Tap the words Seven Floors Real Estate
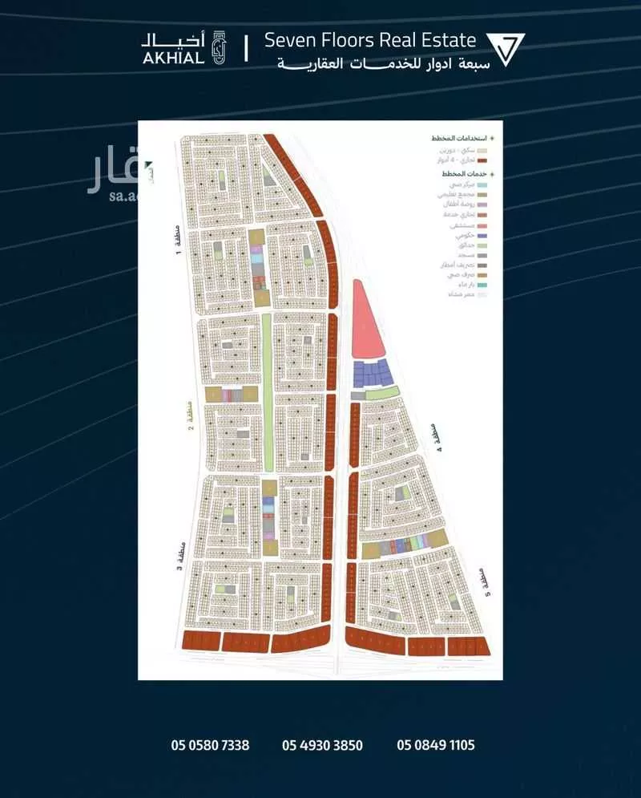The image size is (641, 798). (x=370, y=40)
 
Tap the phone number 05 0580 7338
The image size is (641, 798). (x=210, y=745)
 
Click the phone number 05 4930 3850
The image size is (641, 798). (x=322, y=745)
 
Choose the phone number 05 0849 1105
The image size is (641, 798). (x=436, y=745)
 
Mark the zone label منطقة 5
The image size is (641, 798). (x=482, y=579)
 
